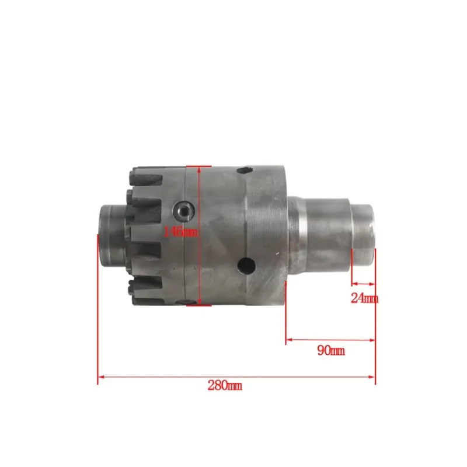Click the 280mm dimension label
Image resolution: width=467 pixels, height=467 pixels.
point(224,385)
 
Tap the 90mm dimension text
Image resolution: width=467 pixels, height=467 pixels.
point(330,350)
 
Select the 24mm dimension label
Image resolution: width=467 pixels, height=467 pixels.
point(364,298)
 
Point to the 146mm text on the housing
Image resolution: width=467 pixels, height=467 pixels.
point(181,232)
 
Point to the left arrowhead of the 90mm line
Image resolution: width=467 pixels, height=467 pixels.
point(289,339)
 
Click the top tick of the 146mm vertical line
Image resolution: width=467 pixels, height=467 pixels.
point(200,166)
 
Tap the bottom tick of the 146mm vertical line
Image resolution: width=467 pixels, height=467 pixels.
point(200,304)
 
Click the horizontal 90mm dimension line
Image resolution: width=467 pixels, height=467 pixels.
point(330,339)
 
